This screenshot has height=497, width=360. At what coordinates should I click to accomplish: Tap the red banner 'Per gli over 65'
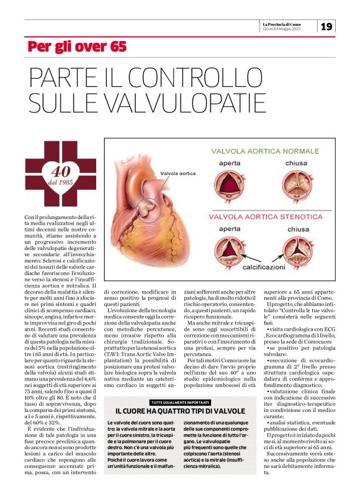coord(77,47)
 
